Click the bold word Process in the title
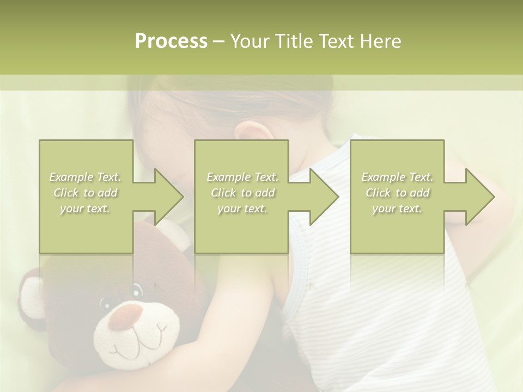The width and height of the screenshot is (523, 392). pyautogui.click(x=171, y=41)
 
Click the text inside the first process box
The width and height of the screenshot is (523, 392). pyautogui.click(x=86, y=193)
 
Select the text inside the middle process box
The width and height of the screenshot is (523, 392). pyautogui.click(x=242, y=193)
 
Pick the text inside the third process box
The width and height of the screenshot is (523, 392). pyautogui.click(x=397, y=193)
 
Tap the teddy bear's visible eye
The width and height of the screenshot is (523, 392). pyautogui.click(x=136, y=289)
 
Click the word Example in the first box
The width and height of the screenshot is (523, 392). pyautogui.click(x=71, y=177)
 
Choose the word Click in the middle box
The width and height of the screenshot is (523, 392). pyautogui.click(x=223, y=193)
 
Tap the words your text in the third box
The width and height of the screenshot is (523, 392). pyautogui.click(x=397, y=209)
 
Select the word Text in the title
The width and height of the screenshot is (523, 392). pyautogui.click(x=337, y=41)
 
